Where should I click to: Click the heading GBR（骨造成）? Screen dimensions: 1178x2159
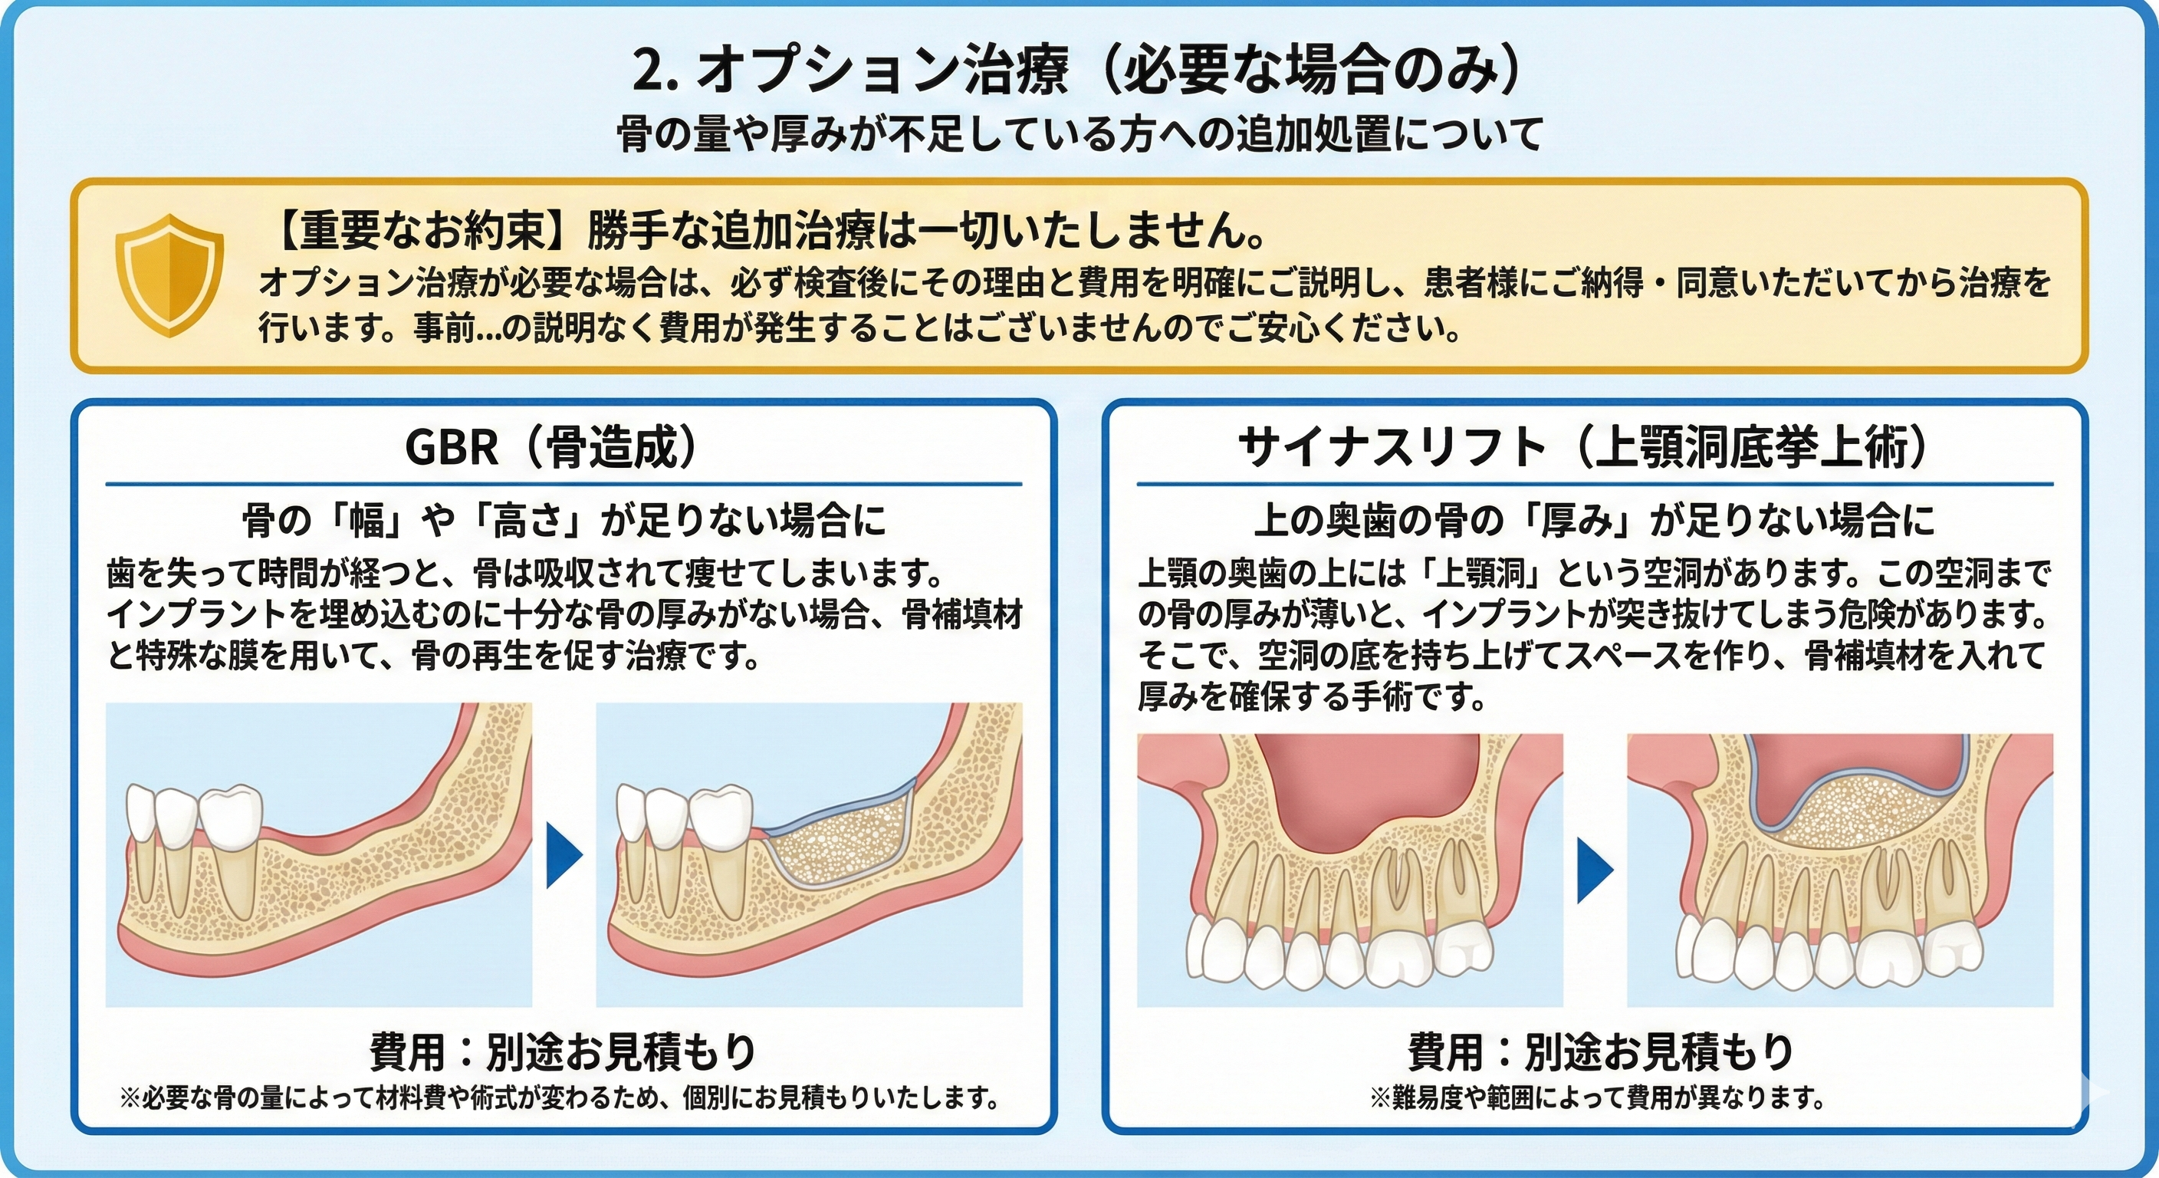[x=550, y=448]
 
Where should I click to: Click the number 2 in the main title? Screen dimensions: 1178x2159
[x=648, y=72]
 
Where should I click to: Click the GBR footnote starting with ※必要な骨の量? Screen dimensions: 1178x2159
[x=559, y=1097]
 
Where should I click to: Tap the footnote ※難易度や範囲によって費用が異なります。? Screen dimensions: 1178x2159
[x=1596, y=1097]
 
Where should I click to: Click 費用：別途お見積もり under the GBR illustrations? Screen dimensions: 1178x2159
[x=564, y=1052]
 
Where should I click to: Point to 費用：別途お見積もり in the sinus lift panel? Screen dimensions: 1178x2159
[x=1600, y=1052]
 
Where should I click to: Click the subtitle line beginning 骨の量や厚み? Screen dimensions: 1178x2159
[x=1079, y=134]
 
